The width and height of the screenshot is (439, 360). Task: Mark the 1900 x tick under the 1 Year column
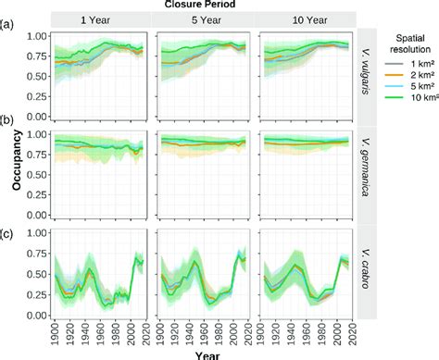pyautogui.click(x=56, y=331)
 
